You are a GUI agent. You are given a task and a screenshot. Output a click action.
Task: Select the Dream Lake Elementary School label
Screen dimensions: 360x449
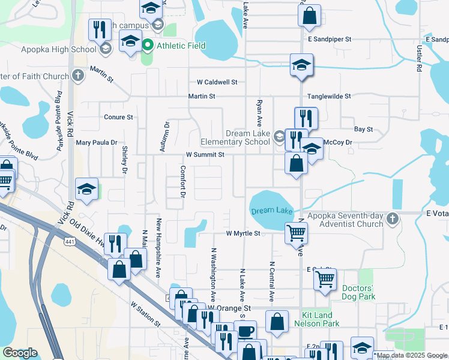coord(248,137)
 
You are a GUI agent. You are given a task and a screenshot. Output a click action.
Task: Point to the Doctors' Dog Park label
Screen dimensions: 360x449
coord(358,292)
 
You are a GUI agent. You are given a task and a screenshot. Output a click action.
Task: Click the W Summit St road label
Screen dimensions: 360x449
coord(205,154)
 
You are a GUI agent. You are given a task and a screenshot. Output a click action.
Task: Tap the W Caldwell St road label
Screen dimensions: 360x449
coord(217,82)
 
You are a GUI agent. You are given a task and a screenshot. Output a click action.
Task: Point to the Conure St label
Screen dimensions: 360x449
coord(118,117)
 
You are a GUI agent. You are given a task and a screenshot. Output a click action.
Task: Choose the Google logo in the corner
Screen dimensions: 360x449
coord(20,353)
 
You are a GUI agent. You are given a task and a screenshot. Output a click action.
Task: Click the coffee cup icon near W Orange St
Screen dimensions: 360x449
coord(245,331)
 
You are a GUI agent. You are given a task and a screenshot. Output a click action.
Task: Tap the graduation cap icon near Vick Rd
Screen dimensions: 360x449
coord(87,190)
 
